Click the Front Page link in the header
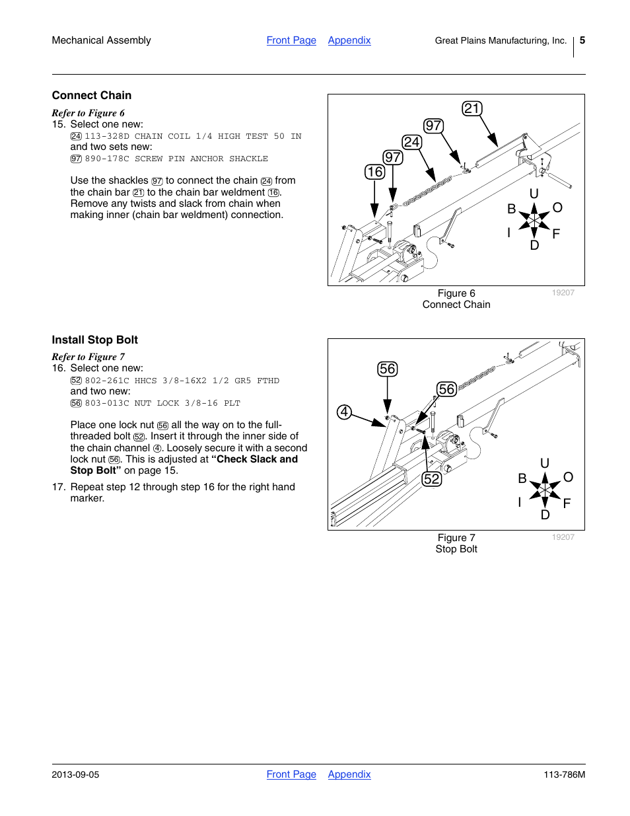tap(291, 40)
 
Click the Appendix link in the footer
tap(349, 774)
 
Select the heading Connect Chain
tap(92, 95)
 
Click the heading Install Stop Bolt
tap(95, 340)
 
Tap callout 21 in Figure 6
tap(472, 108)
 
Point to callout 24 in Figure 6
tap(411, 142)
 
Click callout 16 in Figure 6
tap(374, 172)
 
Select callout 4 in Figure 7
tap(344, 412)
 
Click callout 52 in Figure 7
tap(431, 479)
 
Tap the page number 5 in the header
tap(582, 40)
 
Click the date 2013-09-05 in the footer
tap(75, 774)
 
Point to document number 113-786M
tap(564, 774)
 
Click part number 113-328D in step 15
tap(107, 136)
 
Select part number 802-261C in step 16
tap(107, 381)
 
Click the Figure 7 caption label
tap(456, 538)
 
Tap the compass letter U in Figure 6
tap(534, 194)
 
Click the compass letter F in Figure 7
tap(567, 503)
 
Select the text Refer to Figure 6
tap(88, 113)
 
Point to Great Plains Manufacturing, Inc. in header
tap(501, 40)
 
